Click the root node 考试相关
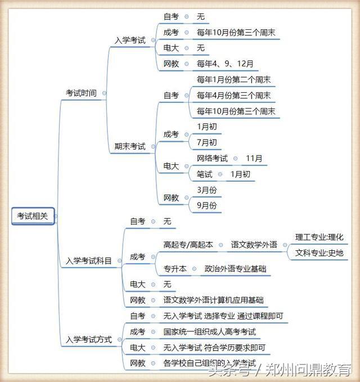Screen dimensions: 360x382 (x=33, y=216)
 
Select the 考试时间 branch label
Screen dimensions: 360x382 (x=81, y=93)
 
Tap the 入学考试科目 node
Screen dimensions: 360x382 (x=89, y=260)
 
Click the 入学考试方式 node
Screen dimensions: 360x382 (x=89, y=339)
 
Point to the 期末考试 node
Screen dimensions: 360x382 (x=130, y=146)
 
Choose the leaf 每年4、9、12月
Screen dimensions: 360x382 (x=225, y=64)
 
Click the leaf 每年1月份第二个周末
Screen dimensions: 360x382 (x=233, y=80)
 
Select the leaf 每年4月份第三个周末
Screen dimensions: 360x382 (x=233, y=96)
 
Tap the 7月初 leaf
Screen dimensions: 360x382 (x=207, y=142)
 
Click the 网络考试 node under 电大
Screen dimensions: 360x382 (x=212, y=158)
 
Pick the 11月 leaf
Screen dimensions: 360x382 (x=254, y=158)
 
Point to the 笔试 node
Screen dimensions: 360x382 (x=204, y=174)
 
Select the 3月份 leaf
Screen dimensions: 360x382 (x=207, y=190)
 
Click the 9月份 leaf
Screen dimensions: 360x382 (x=207, y=205)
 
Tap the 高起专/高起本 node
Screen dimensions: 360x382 (x=188, y=245)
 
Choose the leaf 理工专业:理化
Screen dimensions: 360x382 (x=319, y=237)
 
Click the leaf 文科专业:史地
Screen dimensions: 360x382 (x=319, y=253)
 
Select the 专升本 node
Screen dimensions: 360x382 (x=175, y=269)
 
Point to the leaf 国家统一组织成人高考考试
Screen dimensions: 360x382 (x=210, y=332)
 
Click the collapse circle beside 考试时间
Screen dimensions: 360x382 (x=104, y=93)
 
